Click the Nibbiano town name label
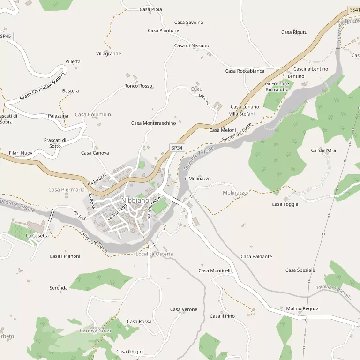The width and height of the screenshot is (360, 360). coord(135,200)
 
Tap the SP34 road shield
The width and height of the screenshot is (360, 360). coord(176,148)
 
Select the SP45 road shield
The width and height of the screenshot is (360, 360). coord(5,36)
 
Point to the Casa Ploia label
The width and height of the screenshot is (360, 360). coord(151,9)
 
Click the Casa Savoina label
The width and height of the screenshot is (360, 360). coord(188,22)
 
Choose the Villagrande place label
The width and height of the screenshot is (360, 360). coord(108,54)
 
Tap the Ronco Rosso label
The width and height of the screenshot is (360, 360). coord(138,86)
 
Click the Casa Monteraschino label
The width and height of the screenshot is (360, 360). coord(153,123)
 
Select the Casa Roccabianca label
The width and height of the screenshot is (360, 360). coord(245,71)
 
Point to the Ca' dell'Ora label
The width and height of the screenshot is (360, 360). coord(323,150)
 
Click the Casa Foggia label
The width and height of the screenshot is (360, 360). coord(285,204)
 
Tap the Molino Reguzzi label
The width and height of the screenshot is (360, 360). coord(303,308)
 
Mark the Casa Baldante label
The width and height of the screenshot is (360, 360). coord(256,257)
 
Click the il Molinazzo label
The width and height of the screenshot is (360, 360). coord(198,179)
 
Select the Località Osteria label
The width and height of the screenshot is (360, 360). coord(154,254)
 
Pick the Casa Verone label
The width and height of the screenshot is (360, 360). coord(184,309)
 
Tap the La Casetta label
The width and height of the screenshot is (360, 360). coord(37,236)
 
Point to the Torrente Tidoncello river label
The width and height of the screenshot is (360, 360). coord(334,292)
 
